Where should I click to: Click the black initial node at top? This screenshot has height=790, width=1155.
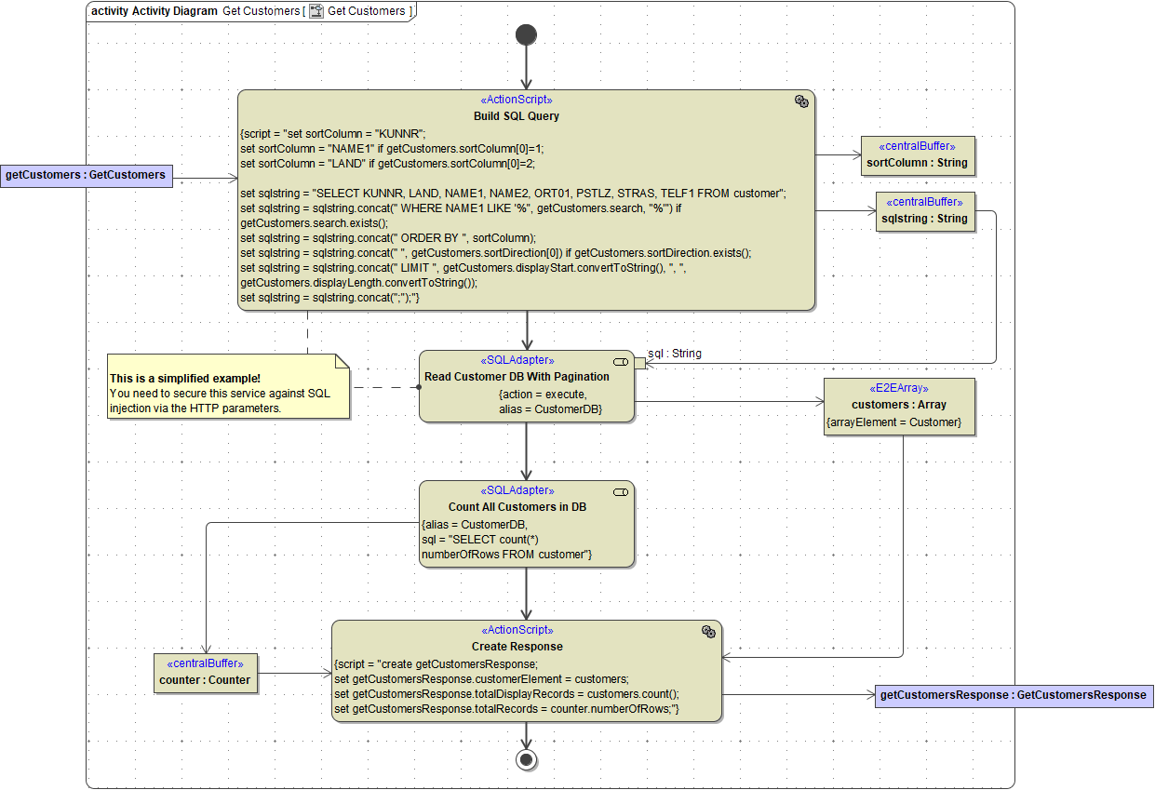(x=526, y=35)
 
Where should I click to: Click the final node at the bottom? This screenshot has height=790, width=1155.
(x=526, y=759)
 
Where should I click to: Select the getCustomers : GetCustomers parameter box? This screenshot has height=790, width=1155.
(x=86, y=175)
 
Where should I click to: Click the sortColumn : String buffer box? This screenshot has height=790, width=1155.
(x=917, y=155)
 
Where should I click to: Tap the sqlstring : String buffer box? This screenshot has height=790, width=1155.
(x=927, y=211)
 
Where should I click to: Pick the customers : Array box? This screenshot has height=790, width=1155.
(x=900, y=406)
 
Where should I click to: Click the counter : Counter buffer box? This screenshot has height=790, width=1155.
(x=205, y=673)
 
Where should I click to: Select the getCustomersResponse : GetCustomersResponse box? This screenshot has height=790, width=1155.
(x=1014, y=695)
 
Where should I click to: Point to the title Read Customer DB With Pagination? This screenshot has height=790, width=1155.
(x=517, y=377)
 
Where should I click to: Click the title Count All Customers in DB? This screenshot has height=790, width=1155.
(x=517, y=507)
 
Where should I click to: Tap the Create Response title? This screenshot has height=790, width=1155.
(x=517, y=647)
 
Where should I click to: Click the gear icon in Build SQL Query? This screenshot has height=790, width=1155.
(x=800, y=101)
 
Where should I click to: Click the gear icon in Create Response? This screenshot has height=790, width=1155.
(x=708, y=632)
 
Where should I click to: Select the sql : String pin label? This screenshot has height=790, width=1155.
(x=675, y=354)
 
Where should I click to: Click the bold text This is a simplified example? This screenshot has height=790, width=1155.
(x=185, y=379)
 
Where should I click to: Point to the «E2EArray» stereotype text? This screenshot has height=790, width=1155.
(x=899, y=389)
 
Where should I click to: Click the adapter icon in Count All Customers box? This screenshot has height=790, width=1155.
(x=621, y=491)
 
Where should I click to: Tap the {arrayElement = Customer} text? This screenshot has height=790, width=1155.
(x=893, y=422)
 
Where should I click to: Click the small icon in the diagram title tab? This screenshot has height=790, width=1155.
(x=316, y=11)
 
